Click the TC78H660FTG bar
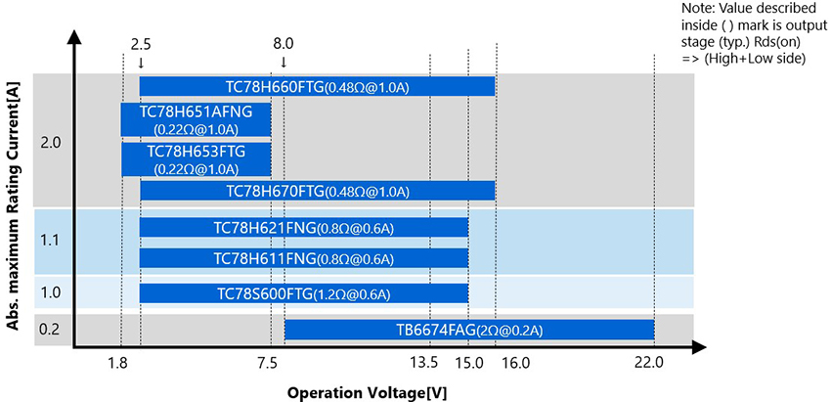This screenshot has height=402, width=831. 318,87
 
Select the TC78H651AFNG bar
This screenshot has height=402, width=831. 196,119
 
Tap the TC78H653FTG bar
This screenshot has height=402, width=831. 196,159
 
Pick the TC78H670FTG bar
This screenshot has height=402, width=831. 318,191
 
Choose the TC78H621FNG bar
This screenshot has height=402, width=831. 304,228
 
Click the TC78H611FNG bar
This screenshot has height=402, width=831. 304,258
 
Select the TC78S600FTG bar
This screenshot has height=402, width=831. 304,293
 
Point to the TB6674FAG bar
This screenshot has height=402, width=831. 468,331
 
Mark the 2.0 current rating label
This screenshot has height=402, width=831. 51,143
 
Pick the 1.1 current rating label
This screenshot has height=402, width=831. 51,240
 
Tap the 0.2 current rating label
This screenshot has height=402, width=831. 51,328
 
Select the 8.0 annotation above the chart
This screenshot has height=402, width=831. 283,45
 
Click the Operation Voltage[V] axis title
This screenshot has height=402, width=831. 367,392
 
